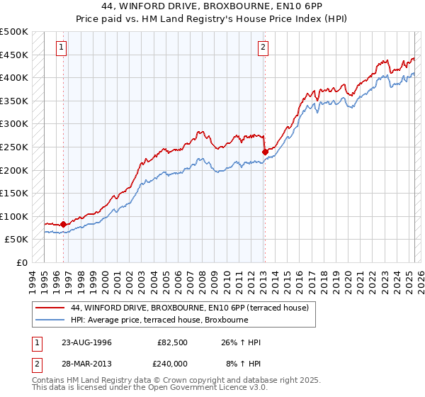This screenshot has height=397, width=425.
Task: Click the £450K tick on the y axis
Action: [15, 55]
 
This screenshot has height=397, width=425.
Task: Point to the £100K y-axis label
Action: [15, 216]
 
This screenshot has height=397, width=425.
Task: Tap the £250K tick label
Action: [15, 147]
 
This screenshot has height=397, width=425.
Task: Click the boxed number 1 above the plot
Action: [62, 47]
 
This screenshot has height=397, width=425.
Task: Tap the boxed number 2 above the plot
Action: [263, 47]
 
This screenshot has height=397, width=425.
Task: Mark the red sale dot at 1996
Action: [64, 224]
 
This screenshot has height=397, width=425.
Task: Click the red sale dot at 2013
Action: [265, 151]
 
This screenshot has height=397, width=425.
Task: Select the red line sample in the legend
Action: [50, 308]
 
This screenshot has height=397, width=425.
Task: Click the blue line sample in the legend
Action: [50, 320]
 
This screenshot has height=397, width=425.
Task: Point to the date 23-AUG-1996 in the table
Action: [87, 342]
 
